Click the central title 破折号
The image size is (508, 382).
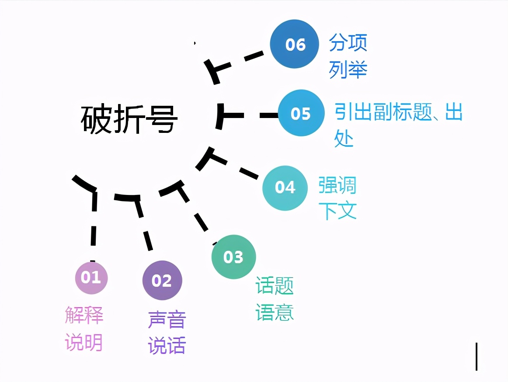(x=129, y=119)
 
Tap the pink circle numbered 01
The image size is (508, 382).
(x=91, y=278)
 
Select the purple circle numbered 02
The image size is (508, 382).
(x=162, y=281)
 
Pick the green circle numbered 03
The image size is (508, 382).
(x=233, y=257)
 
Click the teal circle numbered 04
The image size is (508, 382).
(x=285, y=188)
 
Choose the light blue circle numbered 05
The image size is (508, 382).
(x=301, y=114)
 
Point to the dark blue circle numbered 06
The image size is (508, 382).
(x=295, y=44)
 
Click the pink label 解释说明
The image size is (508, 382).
(x=84, y=328)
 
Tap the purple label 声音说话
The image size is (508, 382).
(x=167, y=332)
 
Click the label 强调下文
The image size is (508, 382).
(x=338, y=198)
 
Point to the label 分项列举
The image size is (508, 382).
(x=348, y=56)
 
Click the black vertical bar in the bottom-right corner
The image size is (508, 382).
(x=477, y=357)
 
